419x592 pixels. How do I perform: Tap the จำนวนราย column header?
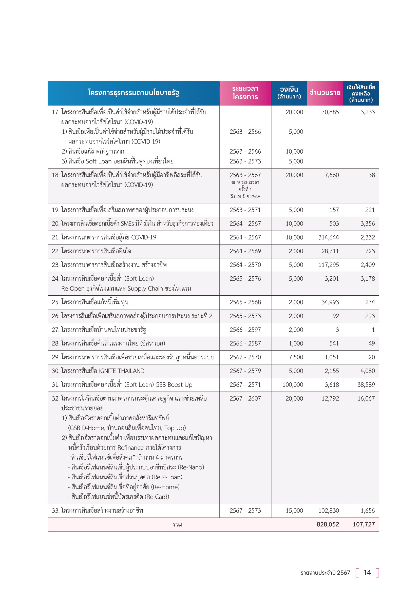[325, 93]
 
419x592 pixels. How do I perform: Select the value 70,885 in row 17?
[330, 112]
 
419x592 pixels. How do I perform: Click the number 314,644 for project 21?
[329, 237]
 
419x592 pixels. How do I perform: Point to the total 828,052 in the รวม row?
[328, 524]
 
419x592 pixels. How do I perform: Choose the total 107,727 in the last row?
[364, 524]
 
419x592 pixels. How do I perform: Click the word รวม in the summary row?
[177, 524]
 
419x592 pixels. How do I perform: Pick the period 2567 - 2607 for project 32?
[245, 398]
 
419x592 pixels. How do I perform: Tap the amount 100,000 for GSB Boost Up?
[293, 385]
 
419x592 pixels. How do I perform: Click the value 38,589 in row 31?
[366, 385]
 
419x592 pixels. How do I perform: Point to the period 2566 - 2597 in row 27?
[245, 330]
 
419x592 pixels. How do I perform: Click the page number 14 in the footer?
[367, 573]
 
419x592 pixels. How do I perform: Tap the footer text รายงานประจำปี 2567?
[325, 573]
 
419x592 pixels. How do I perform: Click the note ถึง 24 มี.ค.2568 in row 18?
[245, 196]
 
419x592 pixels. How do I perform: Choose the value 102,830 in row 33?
[329, 511]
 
